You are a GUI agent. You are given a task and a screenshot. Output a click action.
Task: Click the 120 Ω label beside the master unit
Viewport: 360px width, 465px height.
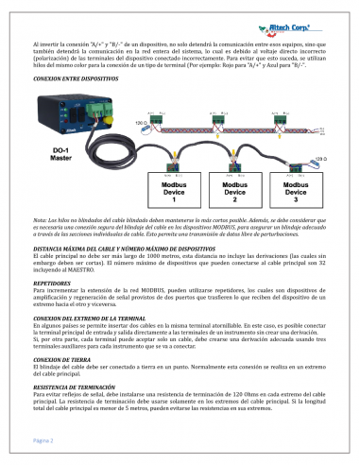pyautogui.click(x=141, y=123)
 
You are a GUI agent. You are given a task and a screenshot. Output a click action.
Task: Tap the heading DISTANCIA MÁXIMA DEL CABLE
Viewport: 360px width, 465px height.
pyautogui.click(x=105, y=247)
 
